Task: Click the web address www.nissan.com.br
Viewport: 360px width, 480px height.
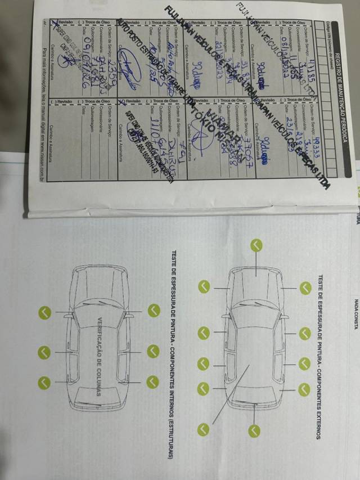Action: click(43, 163)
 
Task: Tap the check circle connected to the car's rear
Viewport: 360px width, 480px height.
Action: click(256, 245)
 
